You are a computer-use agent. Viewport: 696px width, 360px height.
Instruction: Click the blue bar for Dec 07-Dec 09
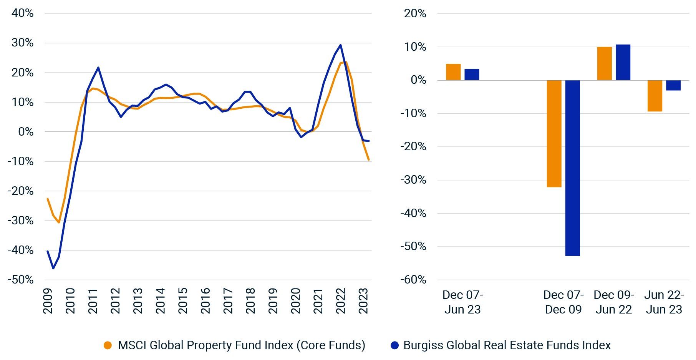tap(572, 168)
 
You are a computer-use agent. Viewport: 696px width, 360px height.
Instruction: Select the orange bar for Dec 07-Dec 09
tap(554, 134)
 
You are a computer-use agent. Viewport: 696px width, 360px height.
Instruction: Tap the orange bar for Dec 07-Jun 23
tap(453, 72)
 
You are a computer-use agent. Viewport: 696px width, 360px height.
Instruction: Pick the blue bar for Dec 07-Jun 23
tap(472, 75)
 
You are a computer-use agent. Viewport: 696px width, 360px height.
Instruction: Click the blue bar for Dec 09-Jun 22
tap(623, 63)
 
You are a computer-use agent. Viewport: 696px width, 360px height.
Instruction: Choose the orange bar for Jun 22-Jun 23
tap(655, 96)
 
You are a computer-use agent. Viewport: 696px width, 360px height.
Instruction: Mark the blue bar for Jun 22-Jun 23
tap(673, 85)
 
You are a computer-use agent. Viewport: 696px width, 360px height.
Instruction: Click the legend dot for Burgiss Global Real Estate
tap(394, 345)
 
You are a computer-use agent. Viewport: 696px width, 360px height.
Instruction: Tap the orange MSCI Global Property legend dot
tap(108, 345)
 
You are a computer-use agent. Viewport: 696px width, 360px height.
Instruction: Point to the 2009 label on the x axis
tap(48, 301)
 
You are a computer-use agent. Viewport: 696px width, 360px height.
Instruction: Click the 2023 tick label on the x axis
tap(364, 301)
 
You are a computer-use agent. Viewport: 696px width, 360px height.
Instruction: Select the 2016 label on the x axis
tap(205, 301)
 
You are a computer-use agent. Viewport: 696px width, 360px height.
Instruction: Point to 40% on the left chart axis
tap(23, 13)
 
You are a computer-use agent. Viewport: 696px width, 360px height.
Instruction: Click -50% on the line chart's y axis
tap(21, 280)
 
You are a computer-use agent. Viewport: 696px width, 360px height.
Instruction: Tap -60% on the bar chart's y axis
tap(413, 280)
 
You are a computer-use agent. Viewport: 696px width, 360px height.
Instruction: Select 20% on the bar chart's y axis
tap(415, 13)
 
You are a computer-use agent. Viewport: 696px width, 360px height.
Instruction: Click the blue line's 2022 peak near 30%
tap(340, 45)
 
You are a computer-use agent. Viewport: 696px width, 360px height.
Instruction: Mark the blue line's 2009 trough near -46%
tap(53, 268)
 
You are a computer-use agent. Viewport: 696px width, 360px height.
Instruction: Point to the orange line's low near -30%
tap(59, 222)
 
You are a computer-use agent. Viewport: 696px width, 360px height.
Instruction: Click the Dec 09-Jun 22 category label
tap(613, 302)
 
